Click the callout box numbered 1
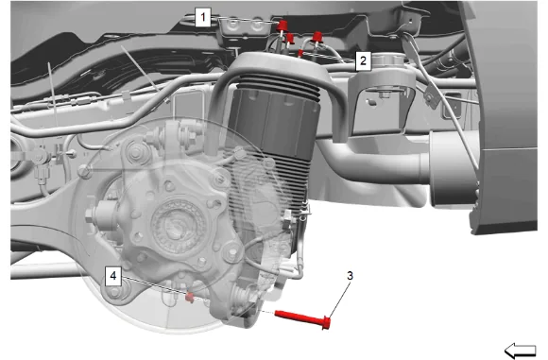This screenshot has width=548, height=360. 203,17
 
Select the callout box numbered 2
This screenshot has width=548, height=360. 363,60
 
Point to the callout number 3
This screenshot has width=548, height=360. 350,276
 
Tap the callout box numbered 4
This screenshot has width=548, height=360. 113,276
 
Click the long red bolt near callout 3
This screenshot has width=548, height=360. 302,317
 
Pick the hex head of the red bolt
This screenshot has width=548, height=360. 326,322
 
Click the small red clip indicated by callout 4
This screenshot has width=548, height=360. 189,298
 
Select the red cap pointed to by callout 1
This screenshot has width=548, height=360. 282,26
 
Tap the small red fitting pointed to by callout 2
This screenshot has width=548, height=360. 300,53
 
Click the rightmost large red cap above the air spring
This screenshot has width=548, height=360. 317,37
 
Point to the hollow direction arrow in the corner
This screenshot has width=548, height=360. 521,351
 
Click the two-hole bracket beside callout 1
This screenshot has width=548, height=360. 245,26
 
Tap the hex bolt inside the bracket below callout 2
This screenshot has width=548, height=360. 385,94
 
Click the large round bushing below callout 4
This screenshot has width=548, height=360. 115,291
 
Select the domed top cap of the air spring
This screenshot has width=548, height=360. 276,67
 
